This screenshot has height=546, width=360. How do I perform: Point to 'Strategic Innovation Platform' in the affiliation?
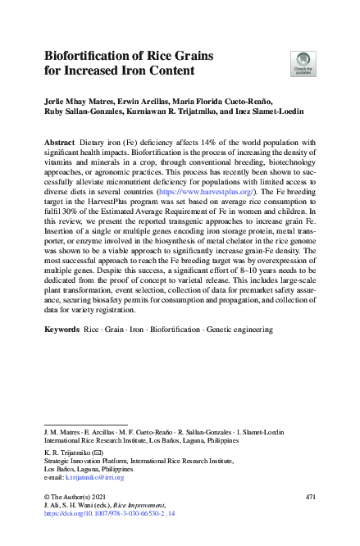pos(81,460)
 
